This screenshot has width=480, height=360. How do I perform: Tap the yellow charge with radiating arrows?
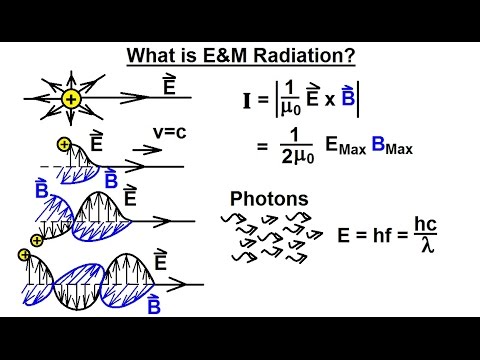tap(71, 99)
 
